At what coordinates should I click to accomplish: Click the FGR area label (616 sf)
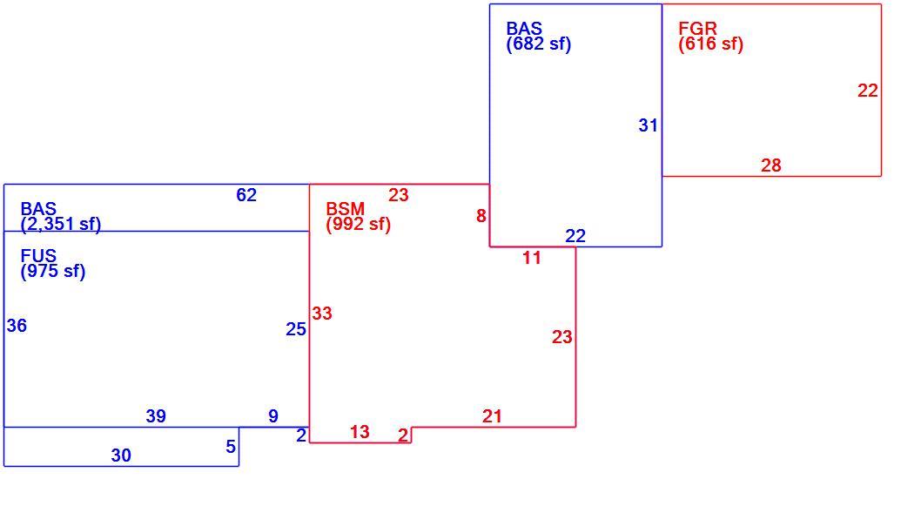710,37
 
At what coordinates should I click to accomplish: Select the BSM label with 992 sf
359,217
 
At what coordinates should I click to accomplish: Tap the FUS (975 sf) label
53,264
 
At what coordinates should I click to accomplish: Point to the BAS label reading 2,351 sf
60,217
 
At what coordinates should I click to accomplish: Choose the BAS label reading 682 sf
539,37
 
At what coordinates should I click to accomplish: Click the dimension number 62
246,195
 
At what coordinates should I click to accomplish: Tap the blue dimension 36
17,326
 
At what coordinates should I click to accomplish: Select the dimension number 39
156,416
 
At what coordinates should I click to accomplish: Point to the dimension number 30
121,455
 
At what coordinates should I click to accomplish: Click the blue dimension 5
231,447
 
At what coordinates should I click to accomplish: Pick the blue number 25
296,329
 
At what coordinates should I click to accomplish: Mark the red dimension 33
322,314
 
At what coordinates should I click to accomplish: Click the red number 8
481,216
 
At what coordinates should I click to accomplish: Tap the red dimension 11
532,258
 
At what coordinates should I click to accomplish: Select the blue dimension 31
649,125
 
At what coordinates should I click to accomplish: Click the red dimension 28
771,165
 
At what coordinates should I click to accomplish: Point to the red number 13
360,432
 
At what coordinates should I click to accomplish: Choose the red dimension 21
492,416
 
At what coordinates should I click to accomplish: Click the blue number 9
273,416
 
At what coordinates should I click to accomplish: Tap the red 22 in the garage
868,91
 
